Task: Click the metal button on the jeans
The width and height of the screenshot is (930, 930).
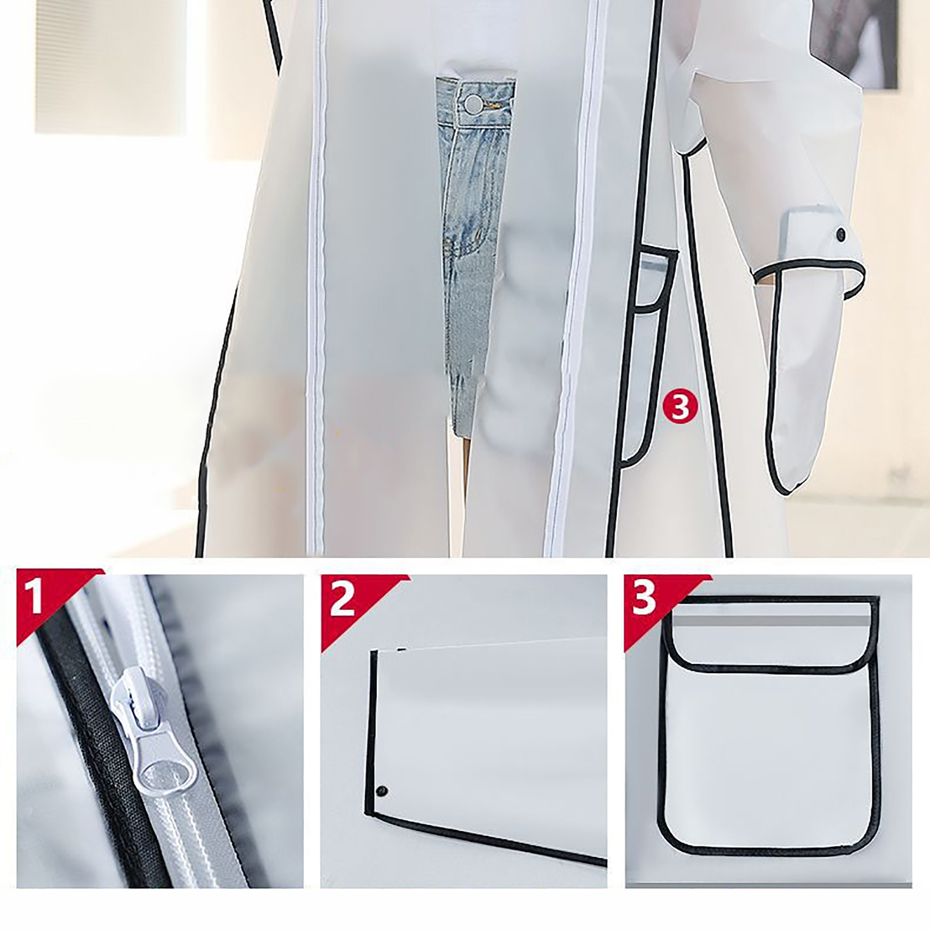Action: (473, 105)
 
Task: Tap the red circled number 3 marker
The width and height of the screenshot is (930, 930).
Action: (679, 407)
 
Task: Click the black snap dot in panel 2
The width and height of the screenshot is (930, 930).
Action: (382, 791)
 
